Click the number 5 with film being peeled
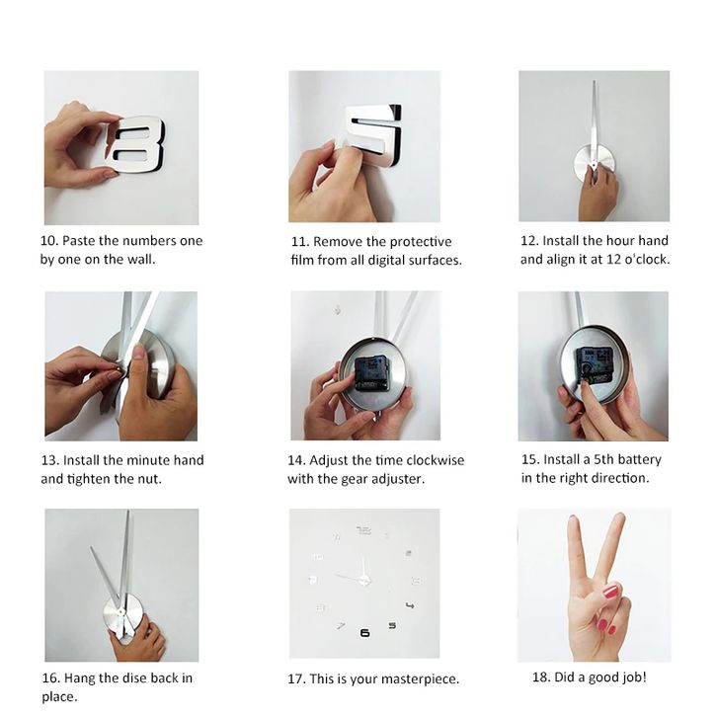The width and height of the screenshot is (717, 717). pos(372,133)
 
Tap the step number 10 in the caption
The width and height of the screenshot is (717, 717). pos(48,241)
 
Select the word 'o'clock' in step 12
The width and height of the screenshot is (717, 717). pos(647,260)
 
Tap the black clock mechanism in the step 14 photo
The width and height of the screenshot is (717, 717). pos(371,373)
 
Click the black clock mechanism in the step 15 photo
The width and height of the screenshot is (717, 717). pos(594,364)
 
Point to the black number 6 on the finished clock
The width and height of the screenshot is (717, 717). pos(364,633)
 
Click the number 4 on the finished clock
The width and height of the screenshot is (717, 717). pos(410,605)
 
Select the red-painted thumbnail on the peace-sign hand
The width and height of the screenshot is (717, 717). pos(610,592)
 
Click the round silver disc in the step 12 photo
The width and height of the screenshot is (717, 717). pos(594,163)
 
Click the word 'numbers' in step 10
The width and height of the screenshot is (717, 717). pos(149,241)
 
